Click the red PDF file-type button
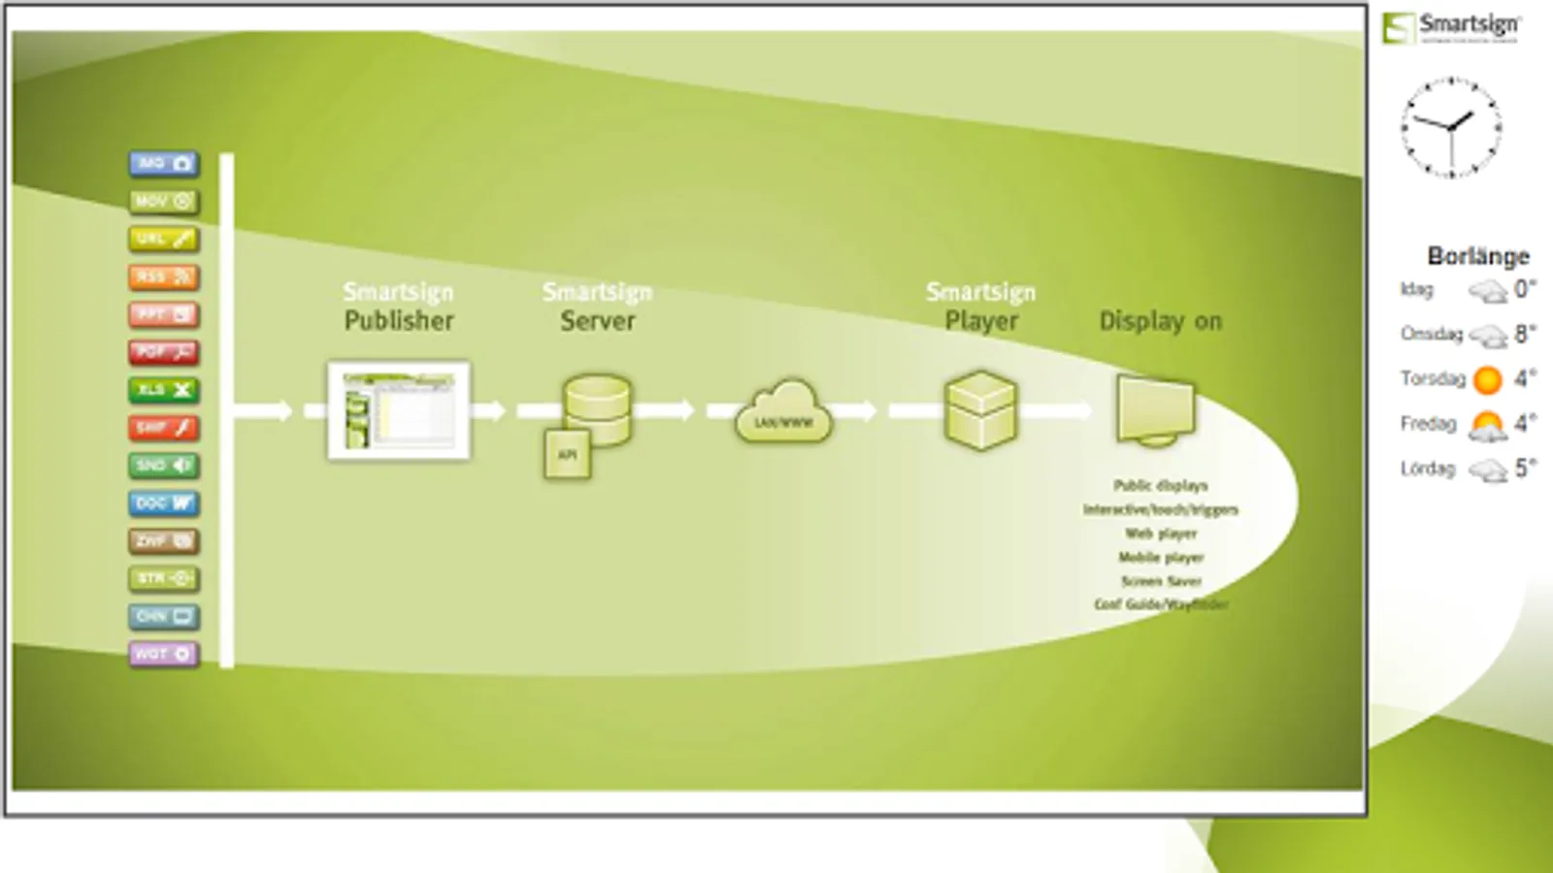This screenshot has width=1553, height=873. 163,352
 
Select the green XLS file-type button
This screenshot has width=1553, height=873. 163,390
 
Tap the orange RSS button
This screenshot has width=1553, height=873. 163,277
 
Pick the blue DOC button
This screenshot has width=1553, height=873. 163,503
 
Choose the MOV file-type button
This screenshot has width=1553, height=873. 163,202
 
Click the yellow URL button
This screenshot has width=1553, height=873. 163,240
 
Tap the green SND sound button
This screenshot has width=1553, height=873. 163,466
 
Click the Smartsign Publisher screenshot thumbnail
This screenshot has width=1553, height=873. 399,410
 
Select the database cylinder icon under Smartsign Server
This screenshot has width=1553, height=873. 598,409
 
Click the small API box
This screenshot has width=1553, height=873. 568,455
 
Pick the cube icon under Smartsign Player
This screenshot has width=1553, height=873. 980,410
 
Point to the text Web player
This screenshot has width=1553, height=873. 1161,533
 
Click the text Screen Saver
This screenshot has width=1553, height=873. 1161,581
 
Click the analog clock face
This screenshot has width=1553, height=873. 1451,128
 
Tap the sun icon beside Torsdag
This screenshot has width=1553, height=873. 1487,379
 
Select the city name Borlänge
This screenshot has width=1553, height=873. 1478,256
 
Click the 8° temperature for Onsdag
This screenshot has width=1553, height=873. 1525,334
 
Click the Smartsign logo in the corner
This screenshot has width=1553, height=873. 1452,27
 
